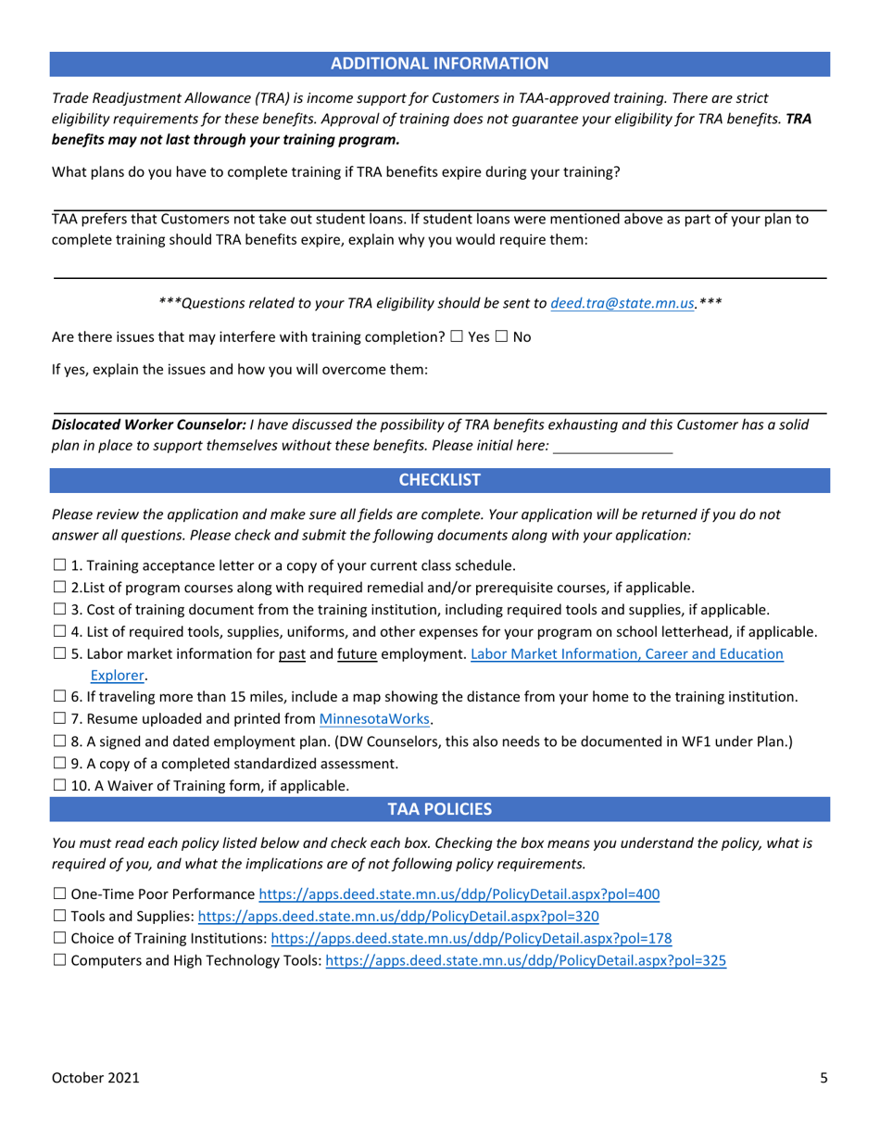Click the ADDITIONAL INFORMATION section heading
coord(439,63)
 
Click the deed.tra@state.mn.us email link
coord(622,303)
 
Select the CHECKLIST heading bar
coord(439,480)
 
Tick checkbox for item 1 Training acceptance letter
coord(60,565)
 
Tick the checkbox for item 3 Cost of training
coord(60,610)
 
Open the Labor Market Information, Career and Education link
coord(626,654)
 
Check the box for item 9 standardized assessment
coord(60,764)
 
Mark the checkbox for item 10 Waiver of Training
coord(60,786)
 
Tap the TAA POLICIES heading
coord(439,809)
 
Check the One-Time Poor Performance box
coord(60,895)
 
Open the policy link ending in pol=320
coord(398,917)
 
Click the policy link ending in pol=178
coord(471,939)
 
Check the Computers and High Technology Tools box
coord(60,961)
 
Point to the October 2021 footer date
coord(95,1077)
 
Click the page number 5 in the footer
coord(823,1077)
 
